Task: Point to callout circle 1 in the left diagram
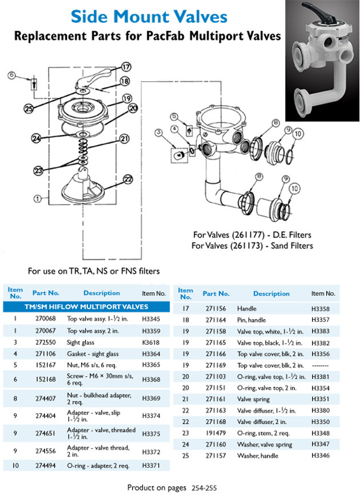coord(38,200)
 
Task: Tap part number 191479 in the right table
coord(215,433)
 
